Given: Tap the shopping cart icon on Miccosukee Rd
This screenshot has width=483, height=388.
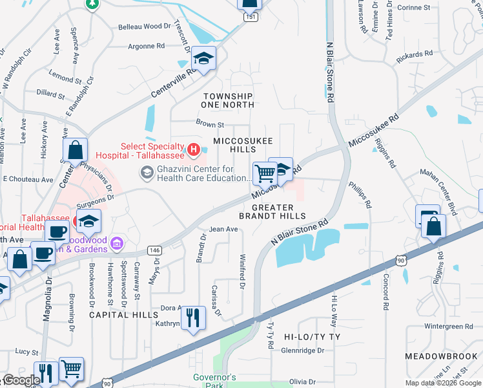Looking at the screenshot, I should pyautogui.click(x=264, y=173).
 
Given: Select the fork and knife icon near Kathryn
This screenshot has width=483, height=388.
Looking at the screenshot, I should pyautogui.click(x=193, y=318).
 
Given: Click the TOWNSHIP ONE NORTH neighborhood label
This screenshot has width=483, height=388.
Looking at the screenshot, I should pyautogui.click(x=227, y=100).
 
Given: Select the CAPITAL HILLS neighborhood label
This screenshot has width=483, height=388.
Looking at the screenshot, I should pyautogui.click(x=123, y=315).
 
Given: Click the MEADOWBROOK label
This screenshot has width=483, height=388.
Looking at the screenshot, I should pyautogui.click(x=440, y=356).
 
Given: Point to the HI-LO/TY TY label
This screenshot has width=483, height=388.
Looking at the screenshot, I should pyautogui.click(x=312, y=338).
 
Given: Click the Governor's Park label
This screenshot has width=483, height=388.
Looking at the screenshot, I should pyautogui.click(x=214, y=381).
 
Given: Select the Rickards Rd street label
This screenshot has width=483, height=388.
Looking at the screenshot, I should pyautogui.click(x=413, y=56).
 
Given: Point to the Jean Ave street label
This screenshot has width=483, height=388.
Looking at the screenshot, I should pyautogui.click(x=223, y=229).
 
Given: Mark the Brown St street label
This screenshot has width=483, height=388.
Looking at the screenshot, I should pyautogui.click(x=210, y=123).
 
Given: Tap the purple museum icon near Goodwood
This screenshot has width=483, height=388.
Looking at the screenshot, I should pyautogui.click(x=117, y=243).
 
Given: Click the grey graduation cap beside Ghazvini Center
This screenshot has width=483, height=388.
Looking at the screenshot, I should pyautogui.click(x=147, y=172).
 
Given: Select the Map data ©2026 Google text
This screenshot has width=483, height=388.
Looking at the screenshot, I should pyautogui.click(x=443, y=383).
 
